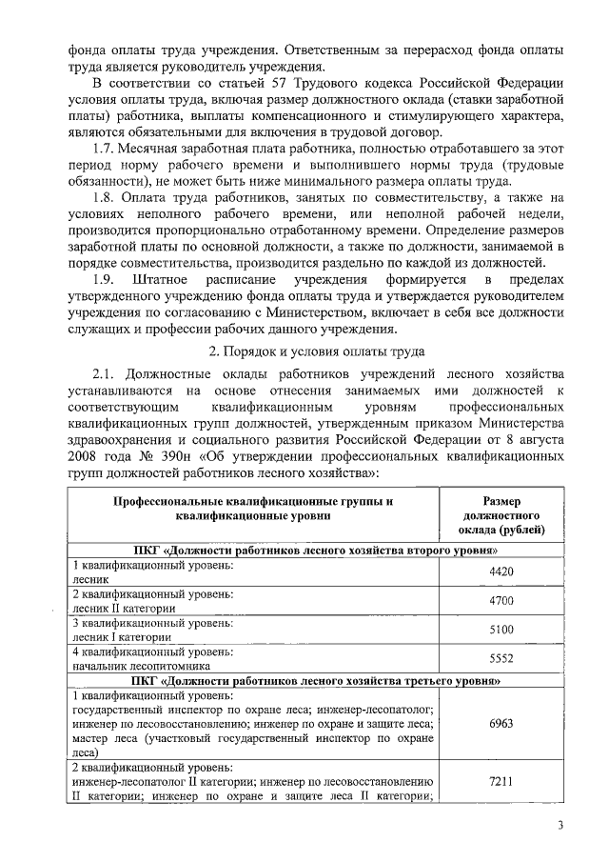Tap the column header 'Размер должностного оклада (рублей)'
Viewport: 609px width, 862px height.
(x=501, y=514)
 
